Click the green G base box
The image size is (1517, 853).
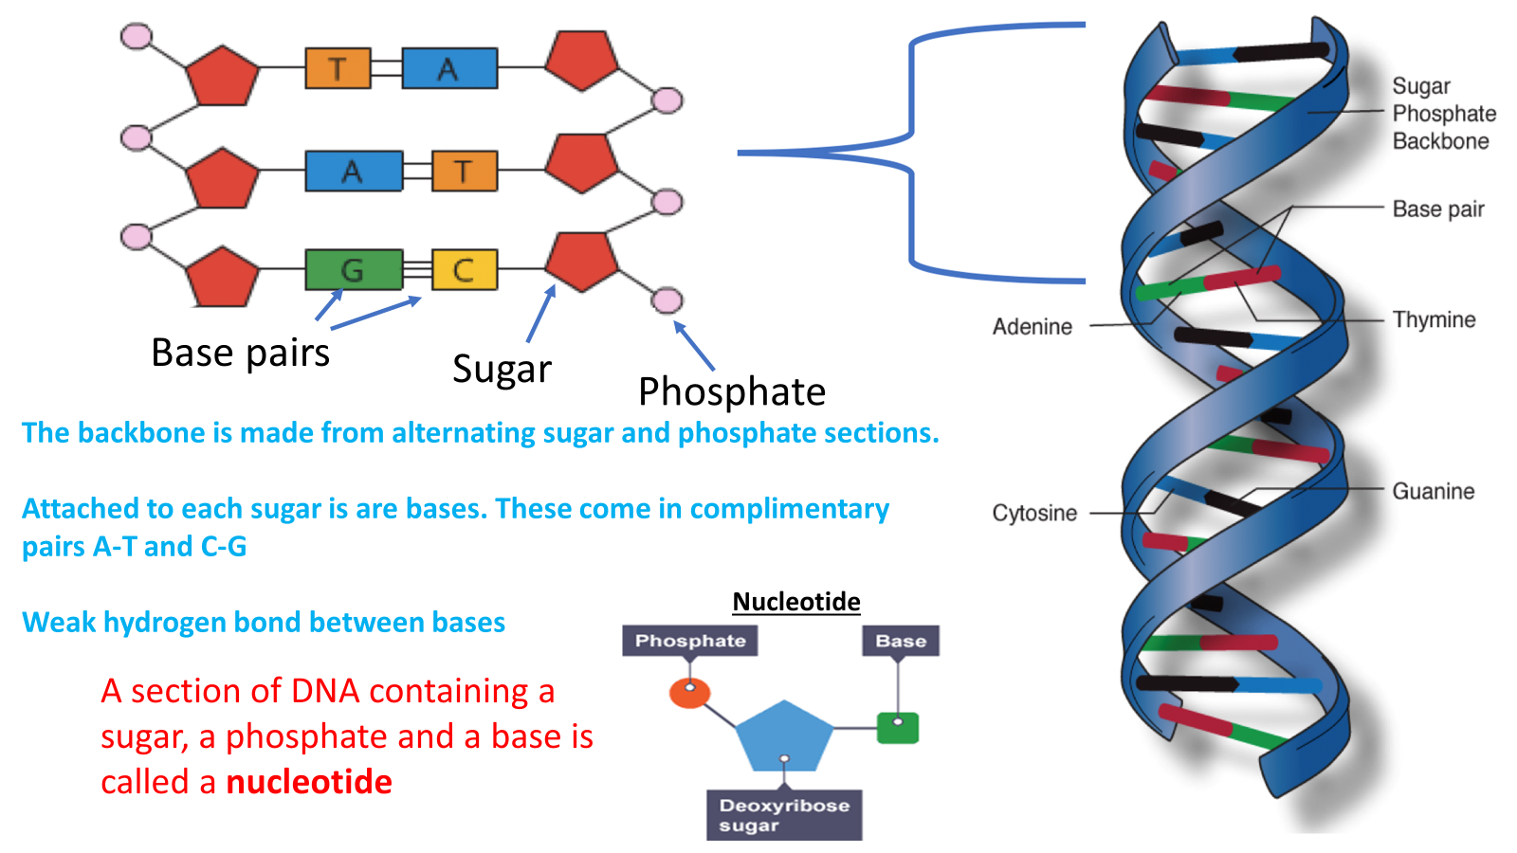click(x=354, y=270)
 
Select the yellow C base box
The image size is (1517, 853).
click(x=464, y=270)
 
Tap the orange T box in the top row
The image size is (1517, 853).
click(x=338, y=68)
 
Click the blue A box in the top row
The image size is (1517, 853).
click(x=449, y=68)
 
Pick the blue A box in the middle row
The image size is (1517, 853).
click(x=354, y=172)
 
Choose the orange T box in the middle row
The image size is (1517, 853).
click(x=464, y=172)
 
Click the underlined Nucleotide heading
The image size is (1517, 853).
click(x=796, y=602)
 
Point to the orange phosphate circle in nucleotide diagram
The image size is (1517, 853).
click(x=689, y=693)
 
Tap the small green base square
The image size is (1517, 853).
click(x=898, y=728)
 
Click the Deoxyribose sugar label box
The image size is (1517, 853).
click(x=784, y=815)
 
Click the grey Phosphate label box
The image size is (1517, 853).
click(x=690, y=641)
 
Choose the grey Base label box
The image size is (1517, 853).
click(x=901, y=641)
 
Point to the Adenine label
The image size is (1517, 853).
click(x=1033, y=327)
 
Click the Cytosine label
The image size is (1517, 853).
click(x=1034, y=514)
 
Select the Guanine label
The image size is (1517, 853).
click(x=1433, y=492)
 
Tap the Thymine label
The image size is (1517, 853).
click(x=1434, y=320)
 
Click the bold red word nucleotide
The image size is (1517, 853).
click(x=309, y=783)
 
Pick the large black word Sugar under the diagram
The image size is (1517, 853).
click(x=502, y=370)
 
